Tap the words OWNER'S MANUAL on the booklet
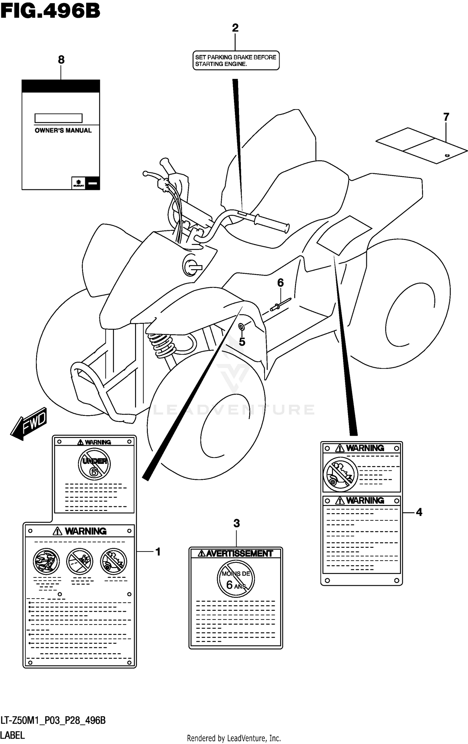(63, 130)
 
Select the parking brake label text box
(236, 61)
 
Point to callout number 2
(235, 28)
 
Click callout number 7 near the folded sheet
(446, 117)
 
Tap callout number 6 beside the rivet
(280, 283)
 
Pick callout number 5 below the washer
(242, 342)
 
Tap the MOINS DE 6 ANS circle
(236, 579)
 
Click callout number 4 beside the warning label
(419, 512)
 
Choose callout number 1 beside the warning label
(158, 552)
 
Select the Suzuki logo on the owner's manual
(78, 183)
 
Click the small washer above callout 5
(241, 327)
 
